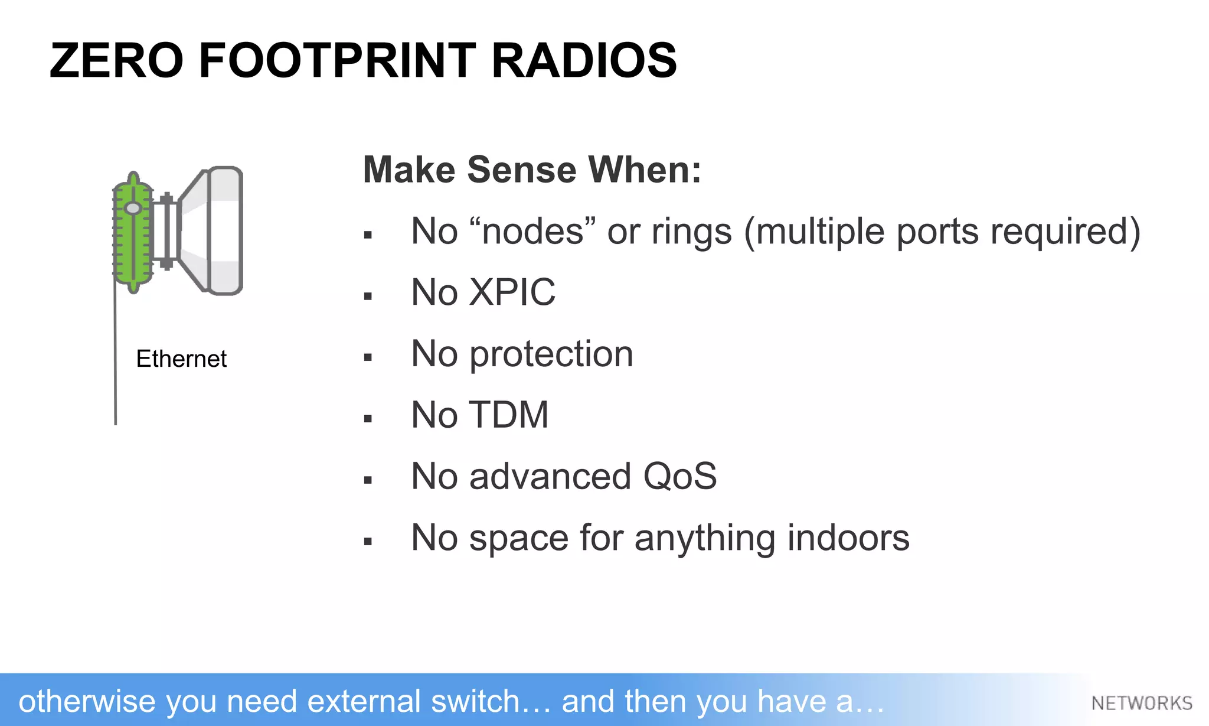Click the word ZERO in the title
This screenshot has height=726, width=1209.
[116, 60]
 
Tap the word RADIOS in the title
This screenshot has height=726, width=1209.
[584, 60]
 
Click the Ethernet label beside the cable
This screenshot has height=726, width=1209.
[181, 359]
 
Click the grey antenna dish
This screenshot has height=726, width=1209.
[215, 230]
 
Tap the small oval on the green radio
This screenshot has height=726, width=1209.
[133, 208]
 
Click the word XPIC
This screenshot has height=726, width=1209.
[512, 292]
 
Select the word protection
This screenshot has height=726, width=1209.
[551, 354]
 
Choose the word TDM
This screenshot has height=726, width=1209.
[509, 415]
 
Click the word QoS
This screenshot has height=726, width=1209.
[679, 476]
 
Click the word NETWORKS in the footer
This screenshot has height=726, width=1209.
[1142, 703]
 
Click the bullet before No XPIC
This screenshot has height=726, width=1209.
[368, 296]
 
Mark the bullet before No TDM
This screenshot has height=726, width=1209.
[368, 419]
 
